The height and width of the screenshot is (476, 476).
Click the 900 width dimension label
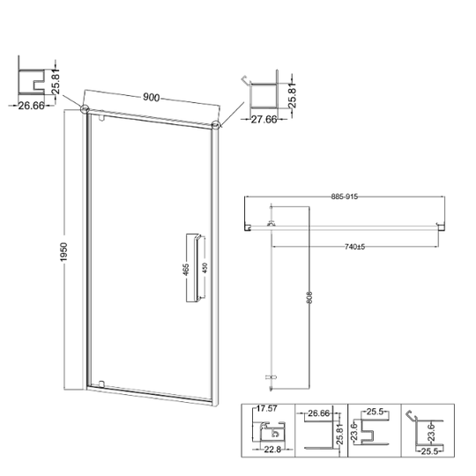(x=152, y=98)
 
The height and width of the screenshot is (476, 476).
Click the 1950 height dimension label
(x=63, y=251)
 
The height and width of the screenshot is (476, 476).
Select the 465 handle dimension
(x=186, y=270)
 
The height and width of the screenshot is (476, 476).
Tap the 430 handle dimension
(x=205, y=268)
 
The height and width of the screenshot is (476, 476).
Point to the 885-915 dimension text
(x=345, y=197)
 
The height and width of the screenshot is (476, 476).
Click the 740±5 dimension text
(x=354, y=247)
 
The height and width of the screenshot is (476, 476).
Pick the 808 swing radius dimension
(x=309, y=298)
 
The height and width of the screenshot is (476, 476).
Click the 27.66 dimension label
(x=264, y=119)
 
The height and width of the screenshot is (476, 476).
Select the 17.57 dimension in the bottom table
(x=266, y=409)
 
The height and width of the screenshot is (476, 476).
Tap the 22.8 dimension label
(x=272, y=450)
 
